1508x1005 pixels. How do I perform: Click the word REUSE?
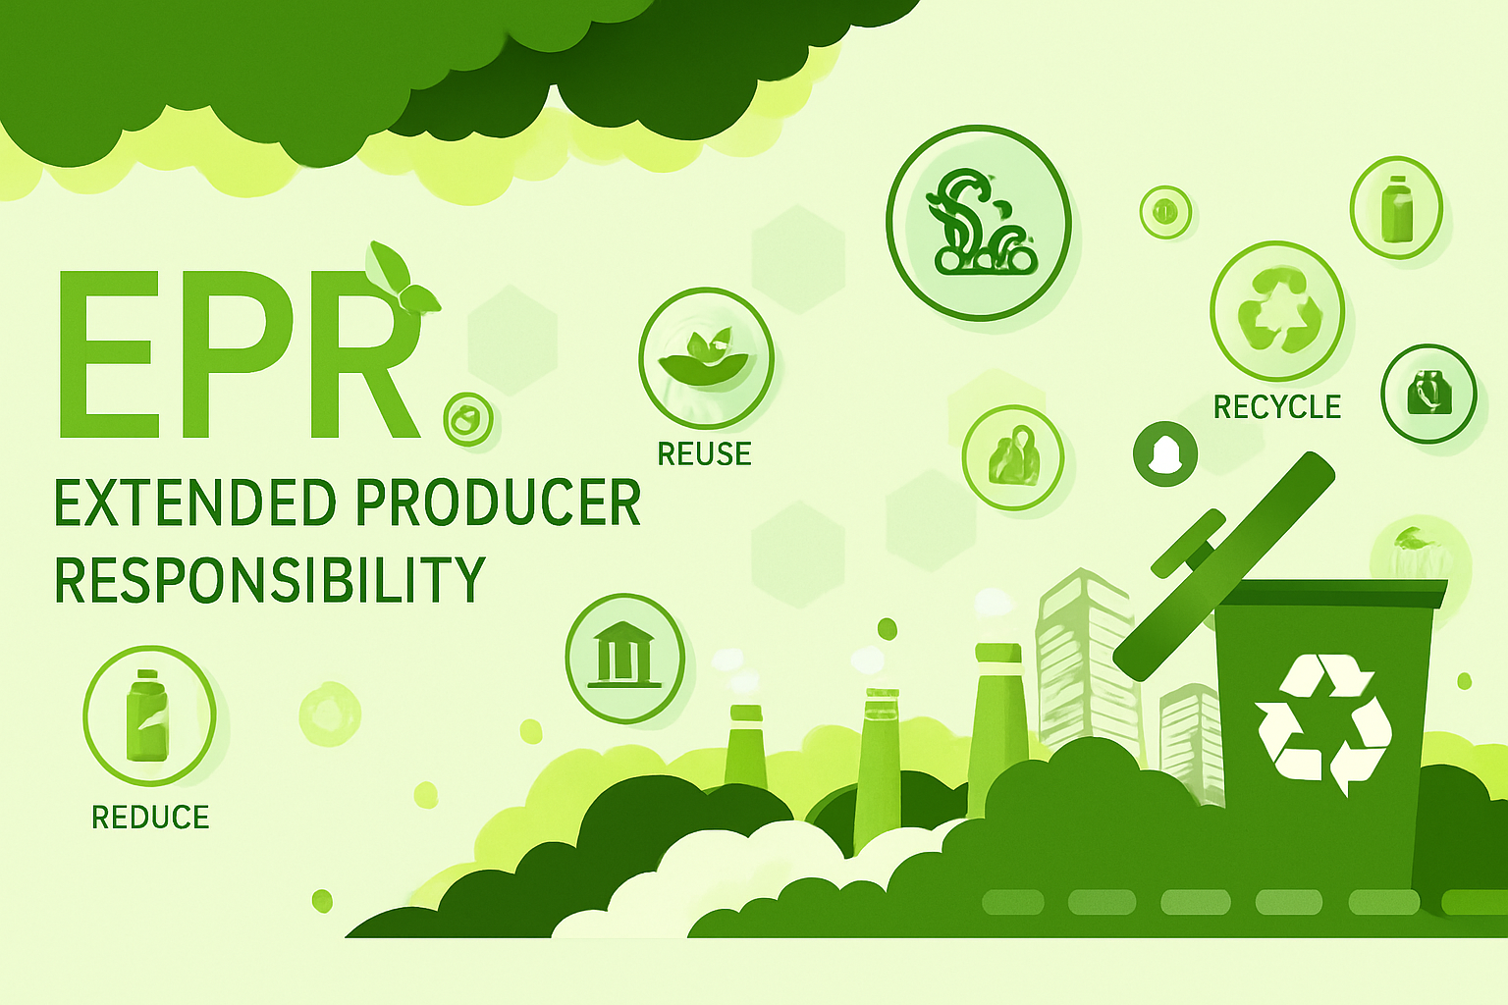(x=704, y=453)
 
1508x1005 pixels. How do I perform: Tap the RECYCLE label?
(x=1277, y=407)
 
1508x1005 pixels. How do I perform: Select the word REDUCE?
(x=150, y=818)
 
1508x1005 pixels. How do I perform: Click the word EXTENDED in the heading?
(x=195, y=502)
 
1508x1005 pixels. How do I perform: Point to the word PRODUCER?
(x=498, y=502)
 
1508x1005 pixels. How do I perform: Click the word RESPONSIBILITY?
(x=269, y=579)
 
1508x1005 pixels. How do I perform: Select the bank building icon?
(x=624, y=655)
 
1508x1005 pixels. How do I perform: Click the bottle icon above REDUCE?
(x=147, y=714)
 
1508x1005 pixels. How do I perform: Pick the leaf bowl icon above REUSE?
(x=704, y=357)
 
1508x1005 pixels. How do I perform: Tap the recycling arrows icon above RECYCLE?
(x=1278, y=310)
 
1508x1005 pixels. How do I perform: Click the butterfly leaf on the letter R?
(x=400, y=278)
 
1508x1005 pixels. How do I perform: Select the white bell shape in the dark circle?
(x=1165, y=453)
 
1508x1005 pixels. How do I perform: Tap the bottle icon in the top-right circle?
(x=1397, y=208)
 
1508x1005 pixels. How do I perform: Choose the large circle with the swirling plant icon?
(x=980, y=223)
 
